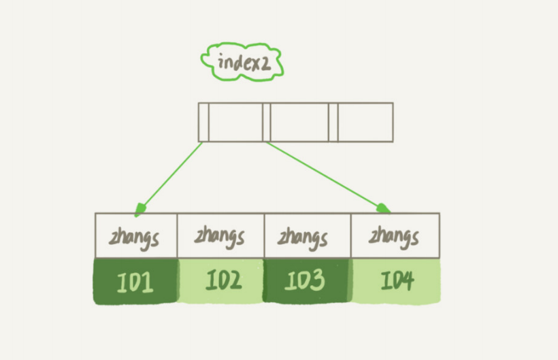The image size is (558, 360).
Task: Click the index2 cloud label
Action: coord(242,62)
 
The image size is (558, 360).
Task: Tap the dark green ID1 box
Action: coord(135,281)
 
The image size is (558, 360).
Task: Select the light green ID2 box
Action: coord(221,280)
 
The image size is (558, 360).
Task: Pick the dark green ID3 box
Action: coord(307,280)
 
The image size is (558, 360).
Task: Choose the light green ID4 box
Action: coord(396,281)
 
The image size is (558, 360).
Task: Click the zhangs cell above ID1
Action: coord(136,235)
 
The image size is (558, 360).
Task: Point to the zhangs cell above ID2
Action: coord(220,235)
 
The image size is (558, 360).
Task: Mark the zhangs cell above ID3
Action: coord(308,235)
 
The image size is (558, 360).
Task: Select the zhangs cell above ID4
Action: coord(395,235)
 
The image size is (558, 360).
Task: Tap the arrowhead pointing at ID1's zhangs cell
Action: coord(140,209)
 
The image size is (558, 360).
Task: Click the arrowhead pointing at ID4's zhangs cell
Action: coord(383,208)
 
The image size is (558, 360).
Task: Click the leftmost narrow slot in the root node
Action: coord(203,122)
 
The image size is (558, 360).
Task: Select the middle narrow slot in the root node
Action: coord(267,122)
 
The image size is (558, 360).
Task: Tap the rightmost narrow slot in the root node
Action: coord(333,122)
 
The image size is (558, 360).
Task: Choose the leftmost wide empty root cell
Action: coord(236,122)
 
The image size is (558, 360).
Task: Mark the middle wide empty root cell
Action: coord(299,122)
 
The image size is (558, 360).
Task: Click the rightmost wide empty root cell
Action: coord(365,122)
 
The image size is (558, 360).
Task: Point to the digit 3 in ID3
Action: coord(317,280)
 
